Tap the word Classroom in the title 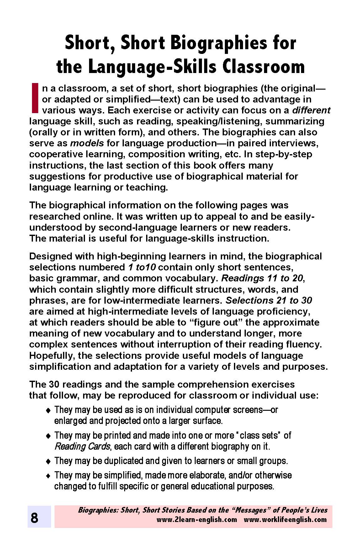[264, 66]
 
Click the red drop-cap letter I [35, 97]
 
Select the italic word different [311, 110]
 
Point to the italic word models [87, 143]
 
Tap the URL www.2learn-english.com [197, 520]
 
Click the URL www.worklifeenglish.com [285, 520]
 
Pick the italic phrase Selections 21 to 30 [269, 300]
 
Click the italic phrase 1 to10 [142, 267]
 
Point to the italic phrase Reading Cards [82, 446]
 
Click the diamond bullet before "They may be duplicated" [48, 461]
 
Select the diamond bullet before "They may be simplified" [48, 476]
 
